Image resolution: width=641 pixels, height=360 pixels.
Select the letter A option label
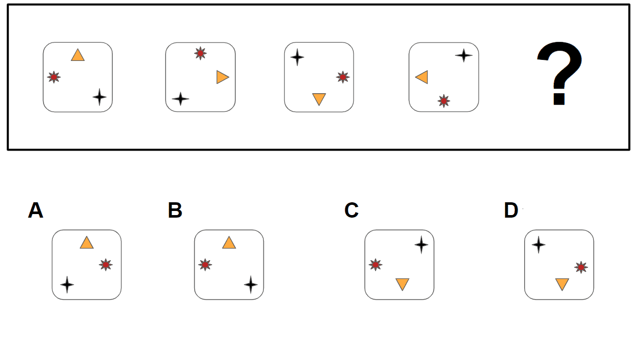pos(35,210)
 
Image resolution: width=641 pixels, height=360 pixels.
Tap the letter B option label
pos(175,210)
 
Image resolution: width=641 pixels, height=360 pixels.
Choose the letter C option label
pos(351,210)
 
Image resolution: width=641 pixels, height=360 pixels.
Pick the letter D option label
pos(511,210)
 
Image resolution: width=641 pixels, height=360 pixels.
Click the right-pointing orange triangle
pos(222,77)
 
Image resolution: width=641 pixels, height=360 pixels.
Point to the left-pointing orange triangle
pos(422,77)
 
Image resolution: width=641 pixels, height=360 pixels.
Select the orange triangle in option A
pos(87,243)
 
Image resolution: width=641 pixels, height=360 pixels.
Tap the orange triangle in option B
pos(229,243)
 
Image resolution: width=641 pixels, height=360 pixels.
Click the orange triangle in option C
pos(402,284)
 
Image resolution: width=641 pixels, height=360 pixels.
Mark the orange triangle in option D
pos(562,284)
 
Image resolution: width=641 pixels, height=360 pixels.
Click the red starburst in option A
pos(106,265)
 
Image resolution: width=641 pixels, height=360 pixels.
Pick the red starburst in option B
pos(205,265)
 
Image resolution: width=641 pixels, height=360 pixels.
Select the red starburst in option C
pos(376,265)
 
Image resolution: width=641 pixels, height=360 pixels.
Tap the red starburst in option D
pos(581,267)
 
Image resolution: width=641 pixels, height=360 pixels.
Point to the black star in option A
pos(67,284)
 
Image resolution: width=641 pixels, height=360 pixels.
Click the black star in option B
pos(251,284)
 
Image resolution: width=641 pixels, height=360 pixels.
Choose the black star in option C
pos(421,245)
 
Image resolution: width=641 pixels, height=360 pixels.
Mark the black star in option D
pos(538,245)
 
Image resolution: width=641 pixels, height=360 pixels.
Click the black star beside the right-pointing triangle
pos(180,99)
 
